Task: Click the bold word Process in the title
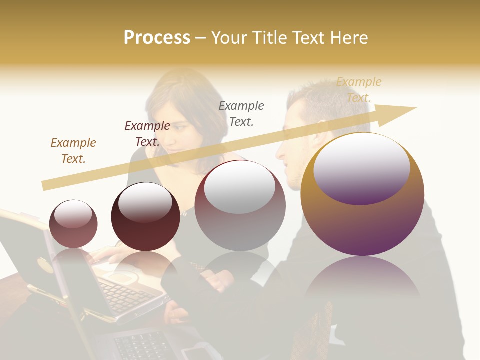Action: pos(157,38)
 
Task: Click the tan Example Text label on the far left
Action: pos(73,151)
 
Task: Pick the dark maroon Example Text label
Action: pos(147,134)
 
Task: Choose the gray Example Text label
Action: pos(241,113)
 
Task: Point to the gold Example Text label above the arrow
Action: pos(359,90)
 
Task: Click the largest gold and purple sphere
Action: pos(362,220)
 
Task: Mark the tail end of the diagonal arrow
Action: pos(45,185)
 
